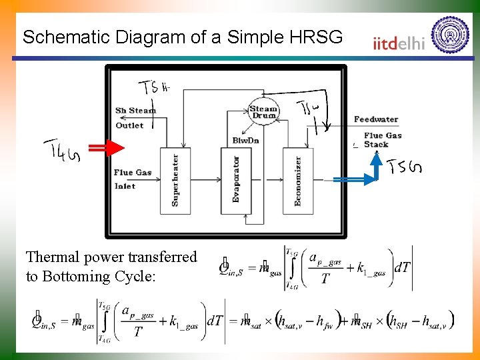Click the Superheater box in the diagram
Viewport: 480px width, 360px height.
click(175, 181)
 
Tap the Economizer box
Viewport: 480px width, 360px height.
click(298, 181)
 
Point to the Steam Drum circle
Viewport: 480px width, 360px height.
click(263, 112)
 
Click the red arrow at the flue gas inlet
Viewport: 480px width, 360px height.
click(106, 148)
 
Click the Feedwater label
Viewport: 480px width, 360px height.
click(376, 119)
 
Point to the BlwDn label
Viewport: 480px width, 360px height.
click(245, 141)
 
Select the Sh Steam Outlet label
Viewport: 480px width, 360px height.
click(135, 117)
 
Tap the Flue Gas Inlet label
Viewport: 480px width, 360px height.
click(132, 179)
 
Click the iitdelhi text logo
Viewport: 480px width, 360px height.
click(399, 43)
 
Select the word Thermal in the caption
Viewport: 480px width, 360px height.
click(51, 257)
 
